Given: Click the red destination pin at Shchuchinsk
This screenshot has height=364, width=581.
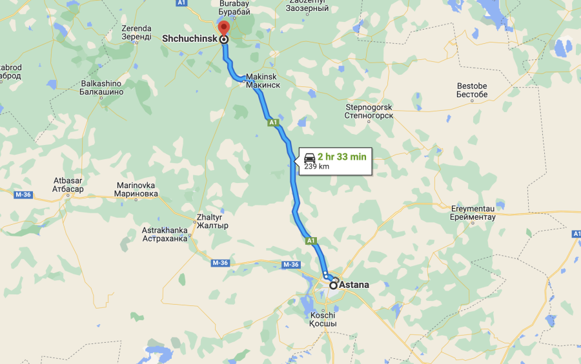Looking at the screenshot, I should coord(223,28).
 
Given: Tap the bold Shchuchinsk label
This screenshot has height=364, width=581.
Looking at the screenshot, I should coord(189,39).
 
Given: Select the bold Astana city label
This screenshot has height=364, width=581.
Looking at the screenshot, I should coord(355,284).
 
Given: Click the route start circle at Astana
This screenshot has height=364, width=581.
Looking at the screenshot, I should coord(333,284).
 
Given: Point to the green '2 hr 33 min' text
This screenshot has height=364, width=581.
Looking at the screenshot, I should coord(341,157).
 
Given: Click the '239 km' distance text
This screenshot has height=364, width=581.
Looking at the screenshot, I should coord(316,166).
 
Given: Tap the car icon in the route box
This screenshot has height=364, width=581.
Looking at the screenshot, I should coord(309,157).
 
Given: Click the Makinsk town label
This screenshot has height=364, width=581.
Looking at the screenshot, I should coord(263,80).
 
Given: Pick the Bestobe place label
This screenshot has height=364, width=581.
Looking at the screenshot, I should coord(472,90).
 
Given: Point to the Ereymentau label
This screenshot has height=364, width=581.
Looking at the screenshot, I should coord(473,213).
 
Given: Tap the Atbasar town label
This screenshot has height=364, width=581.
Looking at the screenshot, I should coord(68,184).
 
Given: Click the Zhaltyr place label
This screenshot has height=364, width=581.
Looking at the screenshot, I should coord(212,222).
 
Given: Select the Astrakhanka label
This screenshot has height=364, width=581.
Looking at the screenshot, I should coord(165,234).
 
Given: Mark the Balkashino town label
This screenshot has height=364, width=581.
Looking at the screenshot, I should coord(101,88).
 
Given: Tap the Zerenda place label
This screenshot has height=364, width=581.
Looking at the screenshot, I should coord(136,32).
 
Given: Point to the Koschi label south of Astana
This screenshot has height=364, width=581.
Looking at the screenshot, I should coord(323,320).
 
